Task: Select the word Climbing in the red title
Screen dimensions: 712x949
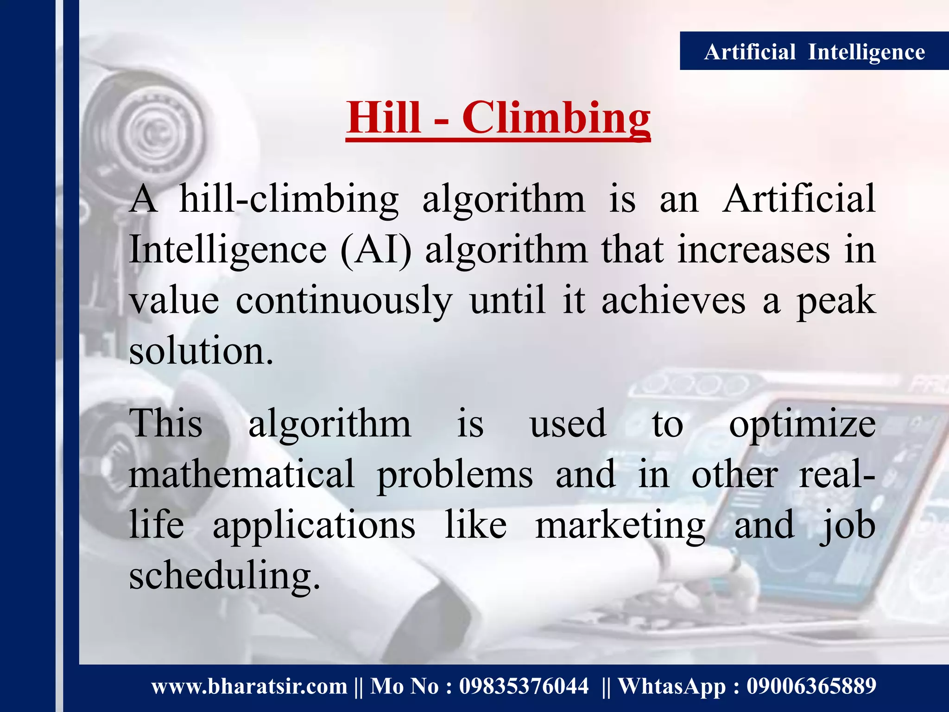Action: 556,119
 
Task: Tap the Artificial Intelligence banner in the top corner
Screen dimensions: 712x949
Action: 814,51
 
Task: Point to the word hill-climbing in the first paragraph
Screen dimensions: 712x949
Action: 289,200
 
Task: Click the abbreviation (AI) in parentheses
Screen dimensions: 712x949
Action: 376,250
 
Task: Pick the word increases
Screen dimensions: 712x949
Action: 753,250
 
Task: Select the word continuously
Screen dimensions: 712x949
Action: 343,301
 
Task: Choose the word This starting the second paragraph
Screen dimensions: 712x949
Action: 166,424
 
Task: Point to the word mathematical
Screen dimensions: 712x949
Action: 241,475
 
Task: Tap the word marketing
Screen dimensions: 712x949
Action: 620,527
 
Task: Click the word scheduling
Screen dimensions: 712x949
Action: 224,577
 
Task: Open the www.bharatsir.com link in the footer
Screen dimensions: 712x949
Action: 249,687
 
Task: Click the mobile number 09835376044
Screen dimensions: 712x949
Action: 524,687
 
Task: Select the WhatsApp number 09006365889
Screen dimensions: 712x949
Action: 811,687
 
